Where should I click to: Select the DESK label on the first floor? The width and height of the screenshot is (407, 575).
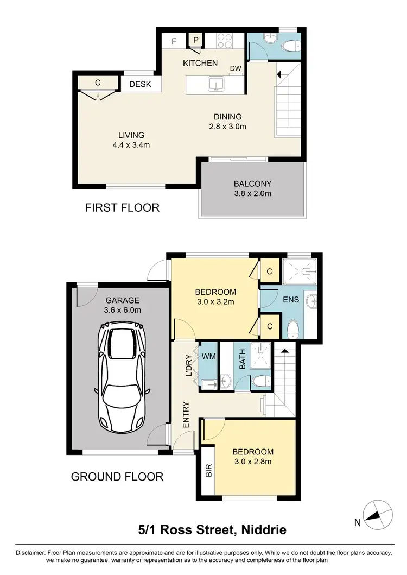click(x=140, y=84)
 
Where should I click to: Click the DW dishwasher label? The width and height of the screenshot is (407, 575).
click(x=235, y=68)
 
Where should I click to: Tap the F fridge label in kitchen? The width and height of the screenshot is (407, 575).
click(x=174, y=41)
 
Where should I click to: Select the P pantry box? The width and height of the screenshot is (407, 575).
click(x=195, y=40)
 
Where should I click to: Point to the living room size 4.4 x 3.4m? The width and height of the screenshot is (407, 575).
click(x=131, y=145)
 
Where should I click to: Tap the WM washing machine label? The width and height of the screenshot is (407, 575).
click(x=209, y=357)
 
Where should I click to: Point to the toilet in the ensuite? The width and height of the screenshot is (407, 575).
click(x=292, y=327)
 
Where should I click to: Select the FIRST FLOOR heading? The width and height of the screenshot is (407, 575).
click(x=122, y=207)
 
